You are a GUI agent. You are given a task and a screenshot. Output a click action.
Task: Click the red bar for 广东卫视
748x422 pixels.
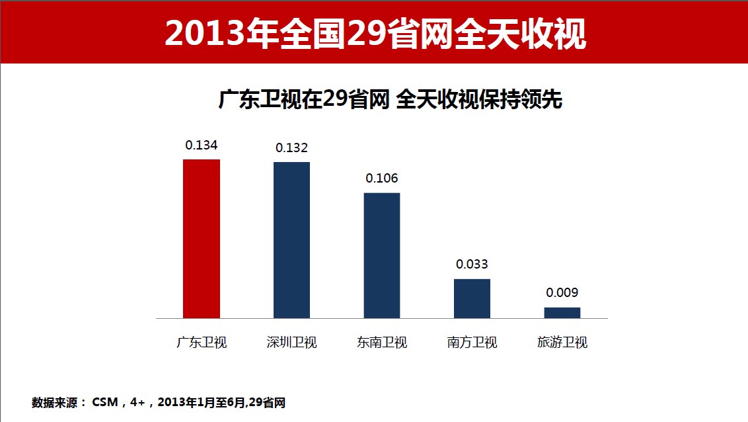(201, 238)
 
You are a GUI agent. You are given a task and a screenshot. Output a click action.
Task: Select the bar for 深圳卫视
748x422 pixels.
(291, 239)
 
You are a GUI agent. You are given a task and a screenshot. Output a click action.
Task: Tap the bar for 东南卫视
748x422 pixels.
(382, 255)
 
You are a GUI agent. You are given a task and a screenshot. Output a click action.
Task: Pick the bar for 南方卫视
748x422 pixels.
(472, 298)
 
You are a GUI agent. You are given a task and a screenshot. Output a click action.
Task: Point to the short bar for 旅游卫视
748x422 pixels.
(562, 313)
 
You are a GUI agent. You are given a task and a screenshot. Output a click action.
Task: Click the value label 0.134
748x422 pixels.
(202, 145)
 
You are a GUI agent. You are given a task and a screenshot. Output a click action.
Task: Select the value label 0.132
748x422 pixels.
(291, 148)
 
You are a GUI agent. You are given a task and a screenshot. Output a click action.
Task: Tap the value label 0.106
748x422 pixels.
(382, 179)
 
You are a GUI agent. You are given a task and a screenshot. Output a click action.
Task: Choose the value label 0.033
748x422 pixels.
(472, 265)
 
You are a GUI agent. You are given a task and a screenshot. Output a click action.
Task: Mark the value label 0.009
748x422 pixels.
(562, 293)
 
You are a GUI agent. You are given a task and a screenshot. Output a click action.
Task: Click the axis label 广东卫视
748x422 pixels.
(202, 343)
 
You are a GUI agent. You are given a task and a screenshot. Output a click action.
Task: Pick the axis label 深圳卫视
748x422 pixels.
(291, 343)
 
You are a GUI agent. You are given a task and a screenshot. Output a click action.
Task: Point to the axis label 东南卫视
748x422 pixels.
(382, 343)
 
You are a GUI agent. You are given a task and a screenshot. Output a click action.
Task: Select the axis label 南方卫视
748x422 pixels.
(472, 343)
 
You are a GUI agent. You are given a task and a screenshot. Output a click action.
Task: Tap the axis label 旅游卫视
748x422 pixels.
(562, 343)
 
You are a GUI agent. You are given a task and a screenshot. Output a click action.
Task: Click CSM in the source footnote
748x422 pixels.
(104, 402)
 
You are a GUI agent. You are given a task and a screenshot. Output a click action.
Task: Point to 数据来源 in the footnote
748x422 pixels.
(55, 402)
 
